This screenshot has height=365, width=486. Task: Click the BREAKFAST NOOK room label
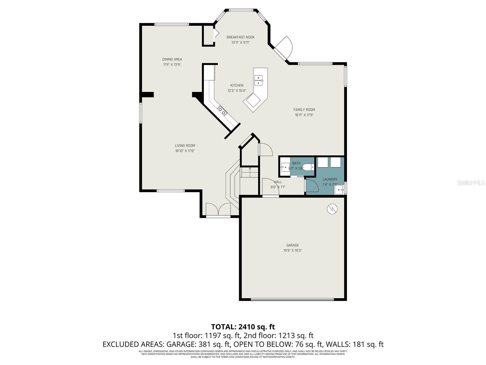click(x=241, y=37)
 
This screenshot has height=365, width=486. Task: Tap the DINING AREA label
click(x=172, y=59)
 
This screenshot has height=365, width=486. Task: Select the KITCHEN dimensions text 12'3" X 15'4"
click(x=237, y=91)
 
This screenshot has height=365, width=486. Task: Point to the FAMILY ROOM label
click(x=304, y=110)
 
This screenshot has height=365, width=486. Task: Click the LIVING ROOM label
click(x=185, y=146)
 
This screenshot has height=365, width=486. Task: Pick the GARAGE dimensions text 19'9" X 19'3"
click(x=293, y=251)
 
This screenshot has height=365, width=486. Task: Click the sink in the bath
click(x=285, y=167)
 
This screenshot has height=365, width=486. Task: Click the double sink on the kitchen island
click(x=258, y=80)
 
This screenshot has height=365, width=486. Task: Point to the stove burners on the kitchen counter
click(x=222, y=111)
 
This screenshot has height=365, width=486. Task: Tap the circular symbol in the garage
click(x=332, y=209)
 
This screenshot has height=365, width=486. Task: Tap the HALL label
click(x=278, y=182)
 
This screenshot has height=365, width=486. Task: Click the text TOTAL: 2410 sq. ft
click(x=243, y=327)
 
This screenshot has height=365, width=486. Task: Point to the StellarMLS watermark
click(x=471, y=183)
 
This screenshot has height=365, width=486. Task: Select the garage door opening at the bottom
click(x=293, y=300)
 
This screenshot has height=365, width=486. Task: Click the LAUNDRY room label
click(x=330, y=179)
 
